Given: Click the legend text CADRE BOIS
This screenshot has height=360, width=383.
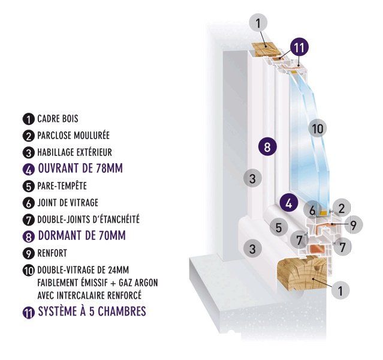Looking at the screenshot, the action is [58, 119].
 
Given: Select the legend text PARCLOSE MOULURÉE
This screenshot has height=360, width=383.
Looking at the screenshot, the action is [73, 135].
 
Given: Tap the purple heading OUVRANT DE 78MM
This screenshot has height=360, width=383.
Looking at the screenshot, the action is [80, 169].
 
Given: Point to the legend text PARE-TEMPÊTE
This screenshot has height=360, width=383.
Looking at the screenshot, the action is [62, 185].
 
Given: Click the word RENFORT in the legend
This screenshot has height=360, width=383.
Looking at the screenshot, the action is [52, 253].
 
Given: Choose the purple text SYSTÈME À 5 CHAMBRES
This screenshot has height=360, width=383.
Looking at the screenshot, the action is [92, 311].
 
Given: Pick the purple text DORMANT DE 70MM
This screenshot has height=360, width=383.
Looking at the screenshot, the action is [82, 236].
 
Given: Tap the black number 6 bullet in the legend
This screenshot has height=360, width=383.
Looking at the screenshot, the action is [29, 203].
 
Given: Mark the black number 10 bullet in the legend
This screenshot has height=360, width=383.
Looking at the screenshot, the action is [29, 271].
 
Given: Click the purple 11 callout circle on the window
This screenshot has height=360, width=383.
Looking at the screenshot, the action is [299, 47].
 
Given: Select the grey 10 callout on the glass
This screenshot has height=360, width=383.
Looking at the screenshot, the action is [318, 128].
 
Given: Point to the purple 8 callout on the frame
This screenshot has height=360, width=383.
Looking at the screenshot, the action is [267, 147].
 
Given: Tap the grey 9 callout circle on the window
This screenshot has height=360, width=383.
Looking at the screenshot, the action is [354, 225].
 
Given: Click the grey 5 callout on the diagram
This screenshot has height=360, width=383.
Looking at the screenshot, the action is [279, 227].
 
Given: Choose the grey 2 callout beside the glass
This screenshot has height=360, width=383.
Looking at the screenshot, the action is [342, 208].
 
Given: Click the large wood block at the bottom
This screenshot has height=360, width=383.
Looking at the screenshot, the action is [302, 273].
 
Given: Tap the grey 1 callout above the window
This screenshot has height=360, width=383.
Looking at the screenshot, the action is [258, 23].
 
